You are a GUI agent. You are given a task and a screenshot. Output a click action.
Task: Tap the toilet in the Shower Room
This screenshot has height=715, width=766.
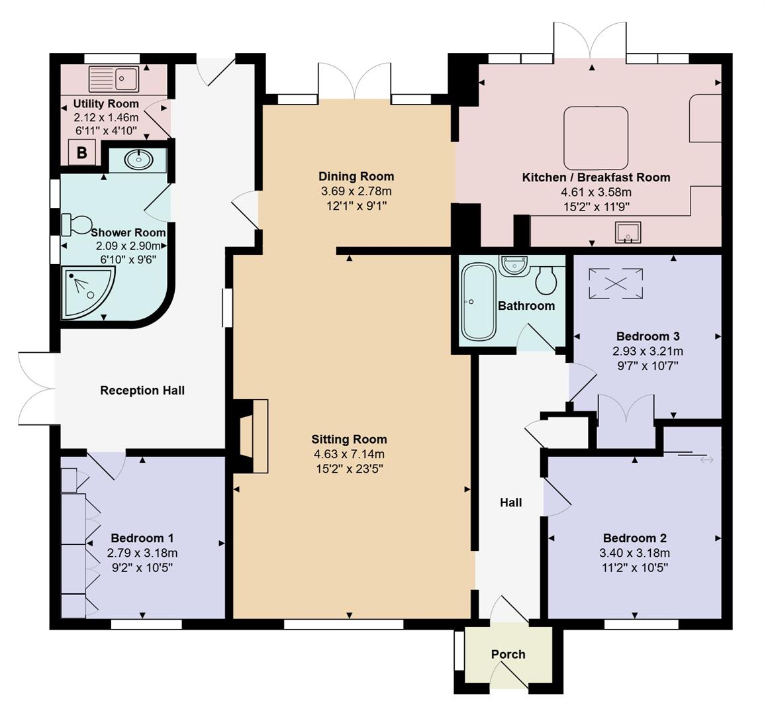pos(75,224)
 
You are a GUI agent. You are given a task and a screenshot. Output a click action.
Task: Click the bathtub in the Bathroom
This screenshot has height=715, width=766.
pos(477,302)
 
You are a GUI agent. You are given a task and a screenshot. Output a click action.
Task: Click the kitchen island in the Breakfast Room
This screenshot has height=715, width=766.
pos(595,138)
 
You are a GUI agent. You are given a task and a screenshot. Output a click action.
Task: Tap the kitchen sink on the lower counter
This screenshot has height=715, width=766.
pos(627,233)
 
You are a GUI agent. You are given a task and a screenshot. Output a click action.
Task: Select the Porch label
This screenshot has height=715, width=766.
pos(508,654)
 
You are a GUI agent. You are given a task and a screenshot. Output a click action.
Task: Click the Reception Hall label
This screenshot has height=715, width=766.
pos(142,391)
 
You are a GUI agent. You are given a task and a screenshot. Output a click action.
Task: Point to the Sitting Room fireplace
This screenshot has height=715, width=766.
pos(252,436)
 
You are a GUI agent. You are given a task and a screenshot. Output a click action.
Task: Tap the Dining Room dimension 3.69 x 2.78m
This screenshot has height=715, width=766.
pos(356,191)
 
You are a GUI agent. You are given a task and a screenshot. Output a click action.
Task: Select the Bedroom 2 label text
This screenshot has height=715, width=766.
pos(634,538)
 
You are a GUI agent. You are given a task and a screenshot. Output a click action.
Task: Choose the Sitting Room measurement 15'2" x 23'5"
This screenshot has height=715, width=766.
pos(349,469)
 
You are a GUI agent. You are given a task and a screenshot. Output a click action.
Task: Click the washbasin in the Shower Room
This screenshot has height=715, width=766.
pos(137,160)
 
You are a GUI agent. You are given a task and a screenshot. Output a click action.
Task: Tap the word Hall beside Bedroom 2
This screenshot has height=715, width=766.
pos(510,502)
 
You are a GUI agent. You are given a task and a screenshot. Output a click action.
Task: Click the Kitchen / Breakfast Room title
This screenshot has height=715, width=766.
pos(596,177)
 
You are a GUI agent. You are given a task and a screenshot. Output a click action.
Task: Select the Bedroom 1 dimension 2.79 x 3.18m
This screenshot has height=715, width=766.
pos(142,553)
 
